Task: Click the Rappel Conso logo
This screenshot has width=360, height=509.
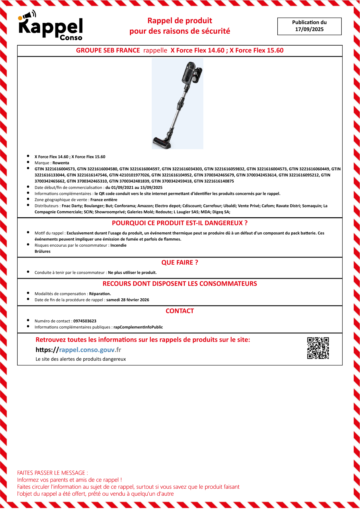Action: [x=51, y=26]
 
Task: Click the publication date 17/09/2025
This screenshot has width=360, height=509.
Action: [x=309, y=29]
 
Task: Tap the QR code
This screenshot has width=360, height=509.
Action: [x=318, y=348]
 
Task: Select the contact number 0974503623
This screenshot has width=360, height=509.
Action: [x=85, y=321]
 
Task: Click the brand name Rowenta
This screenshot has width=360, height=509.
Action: [x=61, y=163]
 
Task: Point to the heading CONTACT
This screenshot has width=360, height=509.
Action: [x=180, y=311]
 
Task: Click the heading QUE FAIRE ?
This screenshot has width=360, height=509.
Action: [x=180, y=263]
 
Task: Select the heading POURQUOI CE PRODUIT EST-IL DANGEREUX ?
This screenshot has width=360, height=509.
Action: [x=180, y=223]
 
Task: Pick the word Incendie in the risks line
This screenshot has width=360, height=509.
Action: [x=118, y=245]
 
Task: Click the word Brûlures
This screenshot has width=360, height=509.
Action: [x=42, y=251]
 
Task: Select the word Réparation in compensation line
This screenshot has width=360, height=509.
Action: [x=100, y=294]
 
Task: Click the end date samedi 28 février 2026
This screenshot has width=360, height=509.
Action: [x=128, y=300]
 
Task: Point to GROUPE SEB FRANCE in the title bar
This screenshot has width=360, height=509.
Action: [x=108, y=50]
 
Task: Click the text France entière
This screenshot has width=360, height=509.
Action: [x=104, y=200]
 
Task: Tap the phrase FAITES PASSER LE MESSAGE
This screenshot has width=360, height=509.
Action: [x=52, y=473]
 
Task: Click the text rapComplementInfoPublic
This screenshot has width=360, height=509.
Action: [x=138, y=327]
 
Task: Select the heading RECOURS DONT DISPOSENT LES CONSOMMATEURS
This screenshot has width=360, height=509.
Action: [x=180, y=284]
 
